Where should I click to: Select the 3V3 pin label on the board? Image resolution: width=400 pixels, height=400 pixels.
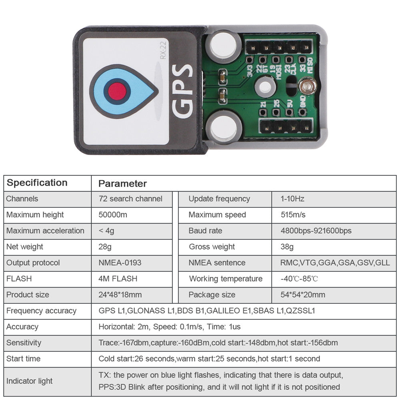[x=249, y=71]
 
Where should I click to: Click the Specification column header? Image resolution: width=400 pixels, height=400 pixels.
[x=37, y=183]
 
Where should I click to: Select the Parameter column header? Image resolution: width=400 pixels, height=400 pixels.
[x=122, y=184]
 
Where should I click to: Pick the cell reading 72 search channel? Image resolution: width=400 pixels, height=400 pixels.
[x=130, y=199]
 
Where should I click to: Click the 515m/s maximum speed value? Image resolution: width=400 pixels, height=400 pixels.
[x=293, y=215]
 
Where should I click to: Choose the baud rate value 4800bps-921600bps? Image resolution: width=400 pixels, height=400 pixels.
[x=316, y=231]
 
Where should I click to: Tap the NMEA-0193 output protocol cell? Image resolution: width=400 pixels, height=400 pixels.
[x=120, y=263]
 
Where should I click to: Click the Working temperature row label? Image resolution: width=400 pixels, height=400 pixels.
[x=226, y=279]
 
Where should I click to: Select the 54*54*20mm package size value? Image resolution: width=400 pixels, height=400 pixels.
[x=303, y=295]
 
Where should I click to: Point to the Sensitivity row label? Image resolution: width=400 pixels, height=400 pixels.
[x=24, y=343]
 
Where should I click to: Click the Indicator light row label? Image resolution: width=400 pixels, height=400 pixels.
[x=29, y=381]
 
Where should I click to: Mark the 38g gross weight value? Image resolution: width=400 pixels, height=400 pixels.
[x=287, y=247]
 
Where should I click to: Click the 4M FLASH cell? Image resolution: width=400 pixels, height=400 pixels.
[x=118, y=279]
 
